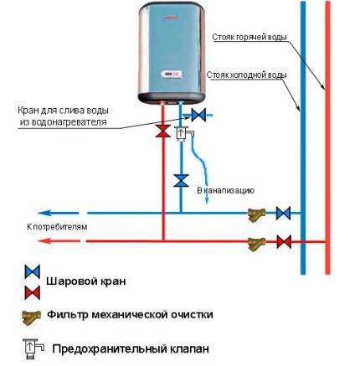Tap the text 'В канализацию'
point(224,191)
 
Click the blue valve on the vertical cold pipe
point(179,180)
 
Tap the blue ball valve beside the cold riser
point(284,212)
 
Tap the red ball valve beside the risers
point(284,242)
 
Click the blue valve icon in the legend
point(32,272)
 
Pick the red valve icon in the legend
point(32,291)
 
